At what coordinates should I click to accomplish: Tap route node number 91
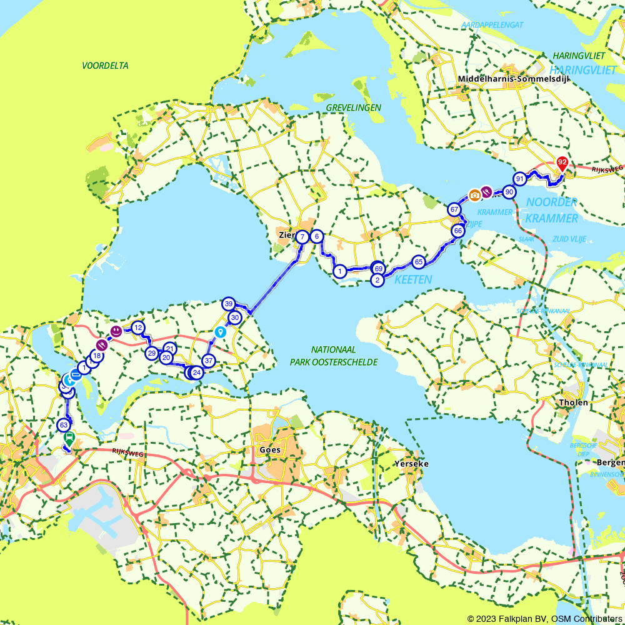point(520,179)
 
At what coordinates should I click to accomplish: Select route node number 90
point(509,192)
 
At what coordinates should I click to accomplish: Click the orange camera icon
point(474,195)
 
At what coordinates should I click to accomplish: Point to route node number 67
point(454,209)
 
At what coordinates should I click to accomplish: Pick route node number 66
point(458,231)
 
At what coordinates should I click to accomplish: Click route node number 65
point(419,261)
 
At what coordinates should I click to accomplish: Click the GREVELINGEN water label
point(353,108)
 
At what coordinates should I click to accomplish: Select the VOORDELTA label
point(105,65)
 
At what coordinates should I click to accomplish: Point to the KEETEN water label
point(412,280)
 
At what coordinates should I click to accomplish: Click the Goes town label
point(270,450)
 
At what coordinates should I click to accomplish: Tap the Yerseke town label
point(411,464)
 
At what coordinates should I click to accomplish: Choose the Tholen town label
point(574,402)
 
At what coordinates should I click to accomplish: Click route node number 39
point(229,304)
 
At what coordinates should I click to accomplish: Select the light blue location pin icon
point(220,331)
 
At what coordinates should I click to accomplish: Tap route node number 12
point(138,327)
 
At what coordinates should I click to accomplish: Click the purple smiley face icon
point(116,330)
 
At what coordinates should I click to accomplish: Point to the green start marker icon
point(69,439)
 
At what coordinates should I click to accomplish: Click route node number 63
point(63,425)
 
